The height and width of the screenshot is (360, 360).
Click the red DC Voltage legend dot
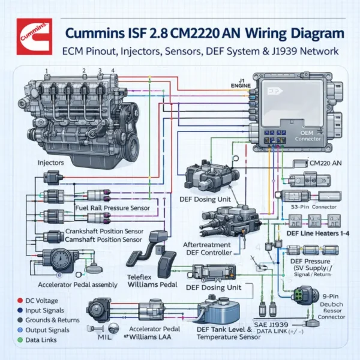[x=13, y=299]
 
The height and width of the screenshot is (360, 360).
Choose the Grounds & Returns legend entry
[x=45, y=320]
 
